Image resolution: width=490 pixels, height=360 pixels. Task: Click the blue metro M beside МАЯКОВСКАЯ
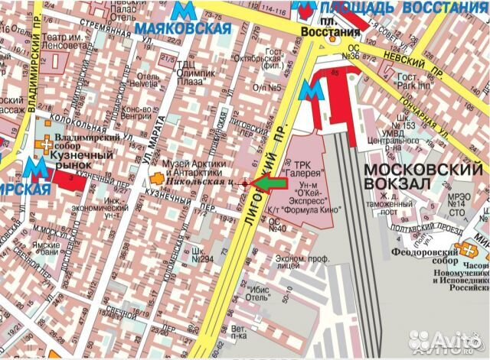click(x=182, y=11)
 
